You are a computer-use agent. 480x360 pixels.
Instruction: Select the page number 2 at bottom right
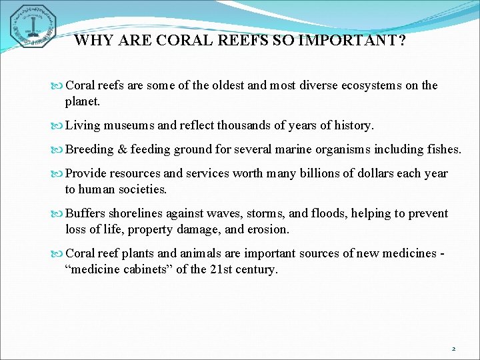click(x=453, y=349)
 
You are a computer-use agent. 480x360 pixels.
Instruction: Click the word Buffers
click(x=87, y=213)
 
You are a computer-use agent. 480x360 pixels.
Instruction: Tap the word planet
click(x=82, y=101)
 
